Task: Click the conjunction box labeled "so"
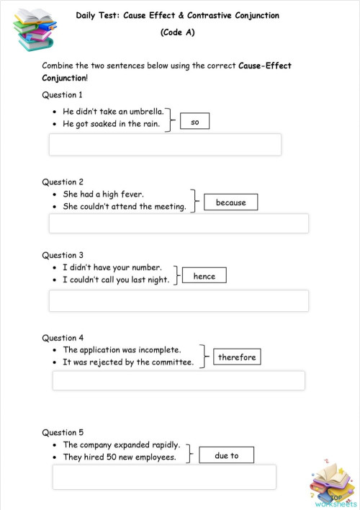pyautogui.click(x=194, y=122)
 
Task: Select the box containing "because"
pyautogui.click(x=230, y=202)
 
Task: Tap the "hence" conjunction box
pyautogui.click(x=204, y=276)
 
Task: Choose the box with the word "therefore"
pyautogui.click(x=237, y=357)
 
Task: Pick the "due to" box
pyautogui.click(x=226, y=455)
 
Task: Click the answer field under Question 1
pyautogui.click(x=165, y=144)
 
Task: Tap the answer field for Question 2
pyautogui.click(x=179, y=223)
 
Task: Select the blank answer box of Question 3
pyautogui.click(x=179, y=300)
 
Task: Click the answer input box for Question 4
pyautogui.click(x=179, y=380)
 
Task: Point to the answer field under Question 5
pyautogui.click(x=164, y=476)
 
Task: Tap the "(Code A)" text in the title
pyautogui.click(x=178, y=32)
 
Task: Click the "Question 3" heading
pyautogui.click(x=63, y=255)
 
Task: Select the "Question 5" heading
pyautogui.click(x=63, y=432)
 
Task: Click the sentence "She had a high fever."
pyautogui.click(x=104, y=194)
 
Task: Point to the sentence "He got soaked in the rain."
pyautogui.click(x=111, y=124)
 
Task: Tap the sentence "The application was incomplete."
pyautogui.click(x=122, y=349)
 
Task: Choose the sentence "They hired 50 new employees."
pyautogui.click(x=120, y=457)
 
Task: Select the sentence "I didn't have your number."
pyautogui.click(x=112, y=267)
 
